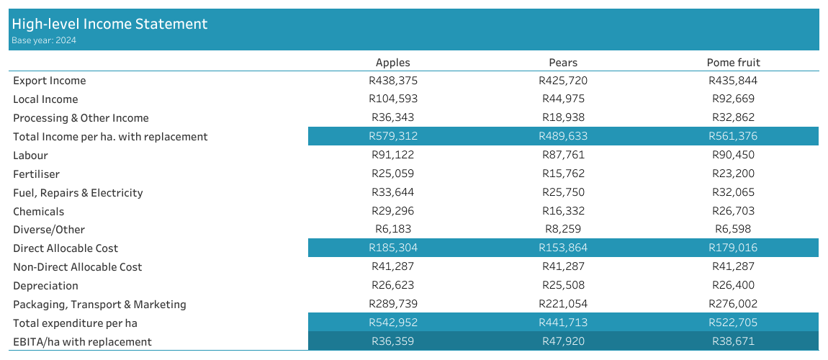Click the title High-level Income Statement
coord(109,24)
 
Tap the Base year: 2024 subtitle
coord(44,41)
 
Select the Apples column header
coord(392,63)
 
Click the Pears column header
coord(562,63)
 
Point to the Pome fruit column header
coord(733,63)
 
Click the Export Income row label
coord(49,81)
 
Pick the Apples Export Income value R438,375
coord(392,81)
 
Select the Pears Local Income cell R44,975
coord(562,99)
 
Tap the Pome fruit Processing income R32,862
coord(733,118)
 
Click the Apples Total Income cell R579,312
coord(392,136)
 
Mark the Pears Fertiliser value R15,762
coord(562,174)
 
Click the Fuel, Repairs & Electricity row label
coord(78,193)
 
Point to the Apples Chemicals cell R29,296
coord(392,212)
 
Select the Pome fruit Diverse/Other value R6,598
coord(733,230)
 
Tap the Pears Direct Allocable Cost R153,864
coord(562,248)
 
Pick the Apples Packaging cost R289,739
coord(392,305)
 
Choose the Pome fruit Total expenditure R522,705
coord(733,323)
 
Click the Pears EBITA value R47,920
coord(562,341)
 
